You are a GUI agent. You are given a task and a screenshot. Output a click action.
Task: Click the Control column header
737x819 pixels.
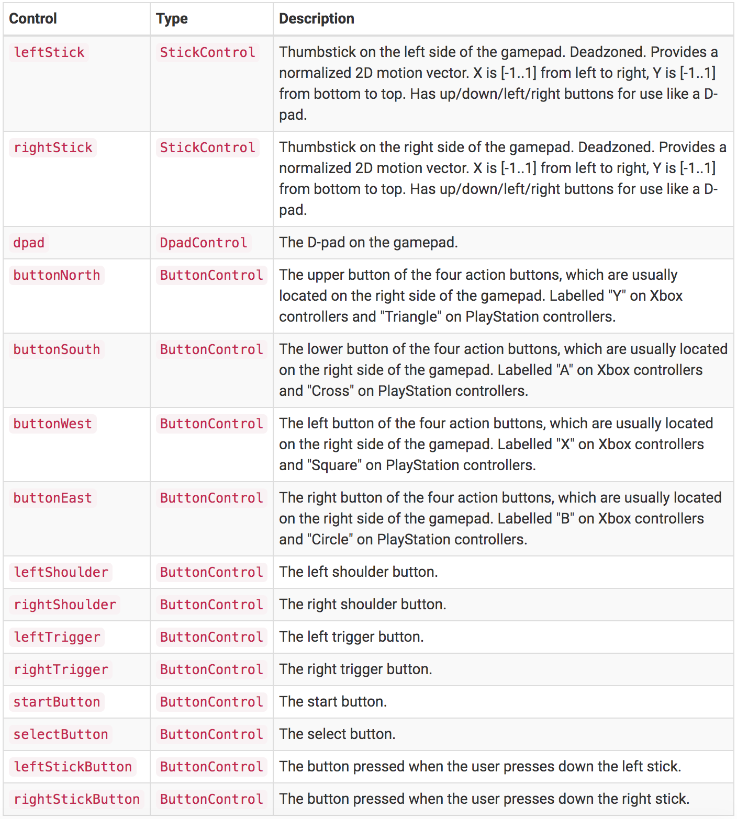33,19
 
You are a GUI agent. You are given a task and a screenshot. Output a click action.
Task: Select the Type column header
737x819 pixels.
172,19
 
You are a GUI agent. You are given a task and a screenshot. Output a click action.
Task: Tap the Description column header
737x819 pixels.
316,19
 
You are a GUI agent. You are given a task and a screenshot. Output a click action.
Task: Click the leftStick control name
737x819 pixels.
49,52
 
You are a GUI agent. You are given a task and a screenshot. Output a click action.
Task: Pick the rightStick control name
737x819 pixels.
53,147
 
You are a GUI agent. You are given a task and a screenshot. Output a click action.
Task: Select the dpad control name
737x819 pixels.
29,243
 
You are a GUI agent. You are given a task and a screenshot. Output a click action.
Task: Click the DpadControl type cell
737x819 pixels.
203,243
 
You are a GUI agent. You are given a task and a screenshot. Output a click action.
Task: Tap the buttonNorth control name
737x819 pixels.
57,275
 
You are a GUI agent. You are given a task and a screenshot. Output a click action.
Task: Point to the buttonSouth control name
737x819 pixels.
57,349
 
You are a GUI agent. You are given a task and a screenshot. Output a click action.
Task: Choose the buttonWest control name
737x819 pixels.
53,424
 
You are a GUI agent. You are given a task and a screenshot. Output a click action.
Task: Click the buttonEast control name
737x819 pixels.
53,498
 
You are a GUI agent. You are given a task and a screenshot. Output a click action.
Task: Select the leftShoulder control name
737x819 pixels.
61,572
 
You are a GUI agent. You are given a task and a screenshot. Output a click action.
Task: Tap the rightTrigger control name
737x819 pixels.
61,669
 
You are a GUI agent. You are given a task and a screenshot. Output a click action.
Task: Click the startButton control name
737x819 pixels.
57,702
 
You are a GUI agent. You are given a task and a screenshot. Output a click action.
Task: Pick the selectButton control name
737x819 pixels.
61,734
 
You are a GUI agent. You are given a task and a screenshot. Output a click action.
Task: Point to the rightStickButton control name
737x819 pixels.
76,799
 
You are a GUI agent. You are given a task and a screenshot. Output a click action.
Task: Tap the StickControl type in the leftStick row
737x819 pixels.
207,52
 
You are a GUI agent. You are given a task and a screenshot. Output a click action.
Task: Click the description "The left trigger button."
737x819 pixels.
351,637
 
